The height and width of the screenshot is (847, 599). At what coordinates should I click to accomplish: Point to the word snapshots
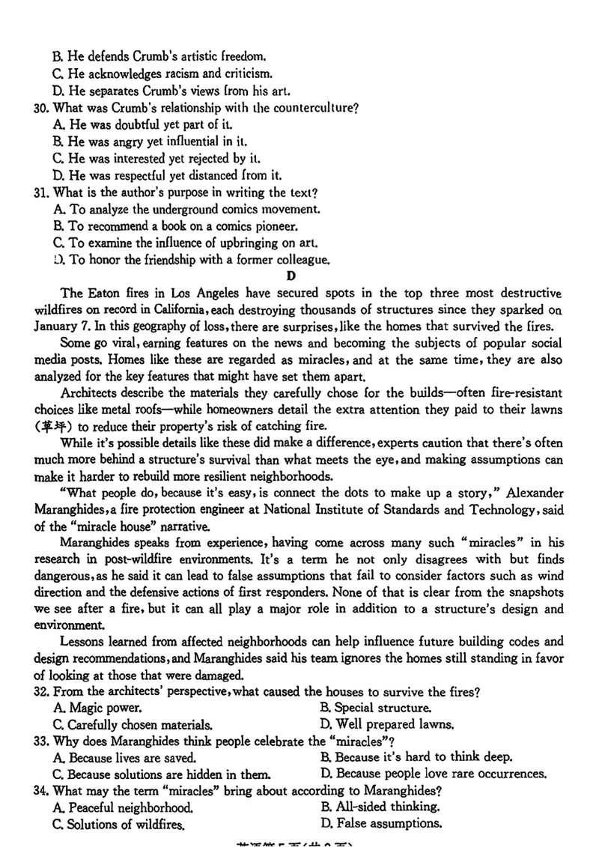click(535, 592)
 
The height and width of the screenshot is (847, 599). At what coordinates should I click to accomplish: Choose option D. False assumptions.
click(380, 823)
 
